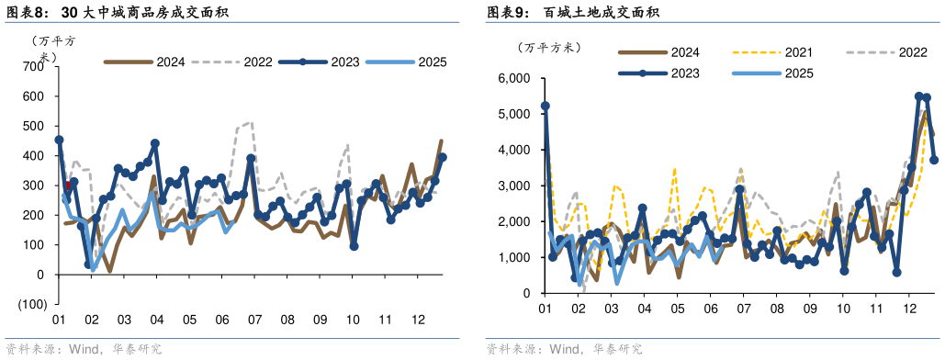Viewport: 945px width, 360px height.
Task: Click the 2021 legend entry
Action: click(784, 53)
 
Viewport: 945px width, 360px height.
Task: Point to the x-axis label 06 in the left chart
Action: click(221, 320)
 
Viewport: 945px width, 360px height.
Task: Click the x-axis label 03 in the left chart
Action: click(123, 320)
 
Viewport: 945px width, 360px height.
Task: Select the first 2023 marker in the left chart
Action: click(59, 141)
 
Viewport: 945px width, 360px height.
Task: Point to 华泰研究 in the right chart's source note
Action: click(617, 349)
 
